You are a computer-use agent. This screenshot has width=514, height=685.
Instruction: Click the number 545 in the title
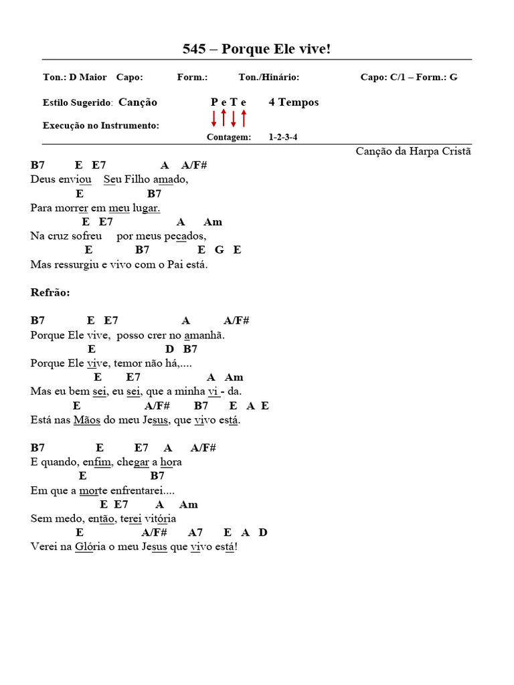click(x=195, y=49)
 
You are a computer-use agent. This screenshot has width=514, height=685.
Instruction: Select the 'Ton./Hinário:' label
click(x=268, y=77)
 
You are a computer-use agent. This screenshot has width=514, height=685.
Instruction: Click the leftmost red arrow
click(x=214, y=119)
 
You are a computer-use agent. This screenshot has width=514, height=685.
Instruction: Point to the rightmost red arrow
click(x=244, y=118)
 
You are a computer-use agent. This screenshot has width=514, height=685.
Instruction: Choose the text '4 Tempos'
click(x=294, y=102)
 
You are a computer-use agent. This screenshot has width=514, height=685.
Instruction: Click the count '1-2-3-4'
click(x=283, y=137)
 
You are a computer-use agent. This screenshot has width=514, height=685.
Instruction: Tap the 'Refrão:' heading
click(x=50, y=292)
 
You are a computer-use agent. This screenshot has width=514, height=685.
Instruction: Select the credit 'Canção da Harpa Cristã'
click(x=414, y=151)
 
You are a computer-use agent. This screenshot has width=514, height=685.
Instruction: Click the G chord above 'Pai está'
click(x=220, y=250)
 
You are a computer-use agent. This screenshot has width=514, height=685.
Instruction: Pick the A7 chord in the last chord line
click(x=195, y=532)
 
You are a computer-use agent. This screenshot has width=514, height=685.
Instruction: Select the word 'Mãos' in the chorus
click(x=87, y=420)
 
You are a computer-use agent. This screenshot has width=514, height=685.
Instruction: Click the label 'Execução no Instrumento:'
click(x=101, y=125)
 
